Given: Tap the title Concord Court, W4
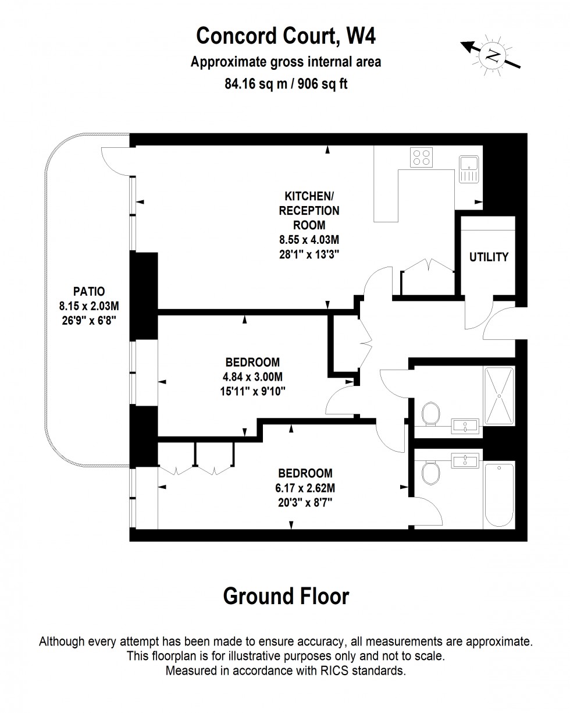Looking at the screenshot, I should (286, 36).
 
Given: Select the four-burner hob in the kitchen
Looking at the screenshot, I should (422, 157).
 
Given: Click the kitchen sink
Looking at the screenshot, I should (468, 168).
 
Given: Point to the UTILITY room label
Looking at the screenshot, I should (489, 257).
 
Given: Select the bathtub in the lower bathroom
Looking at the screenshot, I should (498, 494).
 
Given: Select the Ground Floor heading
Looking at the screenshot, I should (286, 596).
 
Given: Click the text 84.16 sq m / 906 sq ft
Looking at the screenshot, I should (286, 84).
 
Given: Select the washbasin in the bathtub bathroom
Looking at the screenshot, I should (465, 460).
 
